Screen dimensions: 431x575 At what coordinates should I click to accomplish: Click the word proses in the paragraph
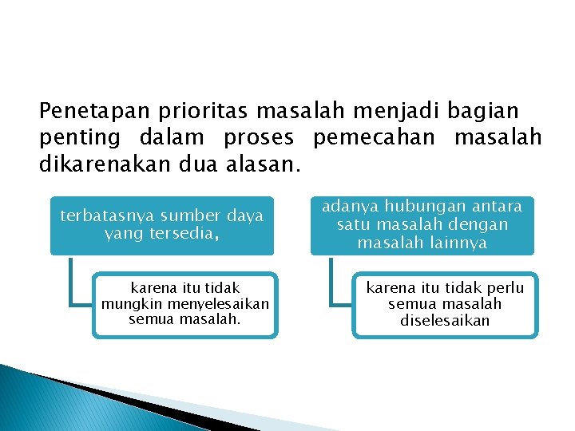pyautogui.click(x=259, y=139)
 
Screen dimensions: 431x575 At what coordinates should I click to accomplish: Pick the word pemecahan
pyautogui.click(x=375, y=139)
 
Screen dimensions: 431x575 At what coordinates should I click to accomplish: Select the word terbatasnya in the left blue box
pyautogui.click(x=108, y=216)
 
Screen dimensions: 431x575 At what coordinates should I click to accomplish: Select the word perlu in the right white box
pyautogui.click(x=506, y=288)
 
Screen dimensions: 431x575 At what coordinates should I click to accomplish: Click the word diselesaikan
pyautogui.click(x=445, y=320)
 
